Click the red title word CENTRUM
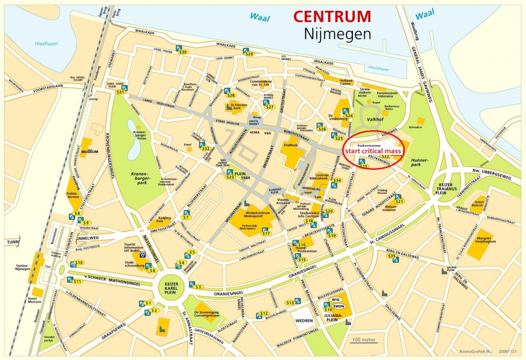(x=332, y=16)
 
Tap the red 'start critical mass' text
(x=373, y=151)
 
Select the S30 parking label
(x=182, y=52)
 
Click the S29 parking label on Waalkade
(x=250, y=53)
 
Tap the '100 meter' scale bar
(x=364, y=340)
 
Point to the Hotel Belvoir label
(x=479, y=204)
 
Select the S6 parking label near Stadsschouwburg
(x=152, y=270)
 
